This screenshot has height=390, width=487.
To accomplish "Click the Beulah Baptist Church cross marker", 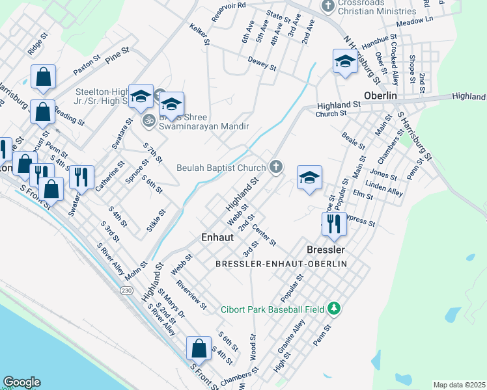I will pos(276,168).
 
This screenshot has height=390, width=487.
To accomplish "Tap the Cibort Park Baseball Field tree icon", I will pos(334,308).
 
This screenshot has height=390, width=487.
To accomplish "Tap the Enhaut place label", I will pos(217,238).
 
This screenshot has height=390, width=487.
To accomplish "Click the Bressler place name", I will pos(325,250).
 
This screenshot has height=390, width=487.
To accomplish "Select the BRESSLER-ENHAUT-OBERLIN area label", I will pos(281,263).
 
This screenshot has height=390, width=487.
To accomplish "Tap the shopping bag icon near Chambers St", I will pos(198,348).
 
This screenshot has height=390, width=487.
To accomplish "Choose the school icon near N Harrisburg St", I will pos(344,62).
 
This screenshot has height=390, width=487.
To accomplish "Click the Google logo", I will pos(21,382).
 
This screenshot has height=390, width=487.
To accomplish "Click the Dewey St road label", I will pos(262,64).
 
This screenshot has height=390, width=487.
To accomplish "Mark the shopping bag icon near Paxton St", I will pos(43,76).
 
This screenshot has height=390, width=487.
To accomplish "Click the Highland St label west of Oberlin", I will pos(339,105).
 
